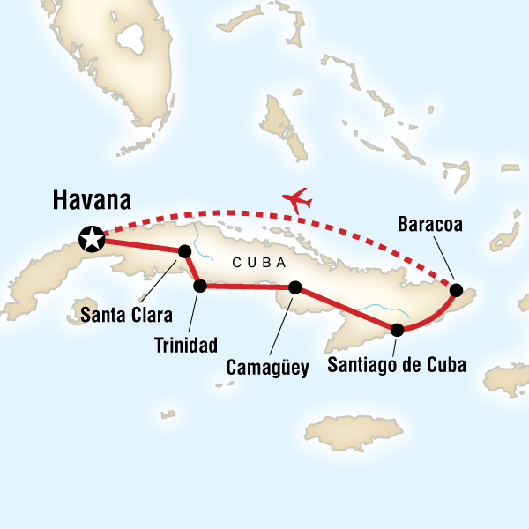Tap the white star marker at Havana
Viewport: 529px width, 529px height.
90,237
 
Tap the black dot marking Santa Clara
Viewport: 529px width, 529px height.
185,251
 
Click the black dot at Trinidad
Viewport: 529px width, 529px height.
200,286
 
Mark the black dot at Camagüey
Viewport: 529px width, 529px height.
295,287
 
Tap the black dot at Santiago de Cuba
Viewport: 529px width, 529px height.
398,331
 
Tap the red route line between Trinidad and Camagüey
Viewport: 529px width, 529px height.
247,287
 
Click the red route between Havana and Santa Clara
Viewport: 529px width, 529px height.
141,245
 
